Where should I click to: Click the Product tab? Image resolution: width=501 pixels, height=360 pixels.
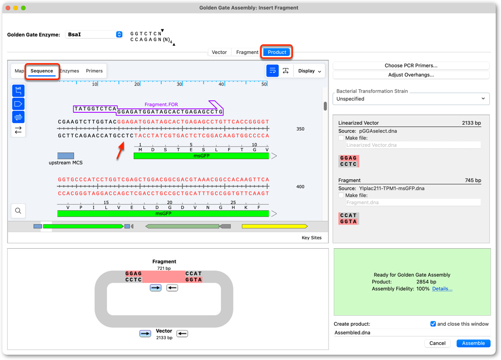click(277, 52)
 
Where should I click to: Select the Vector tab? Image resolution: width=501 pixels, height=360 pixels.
click(219, 52)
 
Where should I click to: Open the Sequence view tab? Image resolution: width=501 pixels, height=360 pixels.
click(42, 71)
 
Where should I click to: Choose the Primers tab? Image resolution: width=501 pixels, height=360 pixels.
click(94, 71)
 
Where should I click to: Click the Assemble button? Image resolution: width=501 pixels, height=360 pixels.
click(473, 343)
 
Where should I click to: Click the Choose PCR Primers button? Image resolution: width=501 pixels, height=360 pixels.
click(411, 66)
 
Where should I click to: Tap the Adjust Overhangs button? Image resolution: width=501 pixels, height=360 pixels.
click(411, 75)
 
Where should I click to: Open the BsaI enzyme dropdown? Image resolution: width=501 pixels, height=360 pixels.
click(94, 35)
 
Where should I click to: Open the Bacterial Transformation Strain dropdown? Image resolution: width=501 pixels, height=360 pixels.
click(411, 99)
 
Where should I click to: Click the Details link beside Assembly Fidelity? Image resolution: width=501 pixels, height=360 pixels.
click(442, 289)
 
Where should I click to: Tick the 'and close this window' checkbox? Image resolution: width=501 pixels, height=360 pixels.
click(433, 324)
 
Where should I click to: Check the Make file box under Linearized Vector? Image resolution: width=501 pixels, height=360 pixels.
click(341, 138)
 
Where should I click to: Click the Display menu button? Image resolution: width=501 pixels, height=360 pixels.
click(310, 71)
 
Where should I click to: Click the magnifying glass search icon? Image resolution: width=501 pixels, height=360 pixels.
click(18, 211)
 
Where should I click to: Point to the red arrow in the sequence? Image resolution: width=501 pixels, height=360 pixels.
click(120, 151)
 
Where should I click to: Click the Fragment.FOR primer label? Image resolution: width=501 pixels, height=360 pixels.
click(161, 105)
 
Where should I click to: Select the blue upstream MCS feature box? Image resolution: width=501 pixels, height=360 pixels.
click(66, 156)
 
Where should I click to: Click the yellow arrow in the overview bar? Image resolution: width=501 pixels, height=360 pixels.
click(275, 227)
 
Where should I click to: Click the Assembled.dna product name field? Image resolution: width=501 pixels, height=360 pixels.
click(411, 333)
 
